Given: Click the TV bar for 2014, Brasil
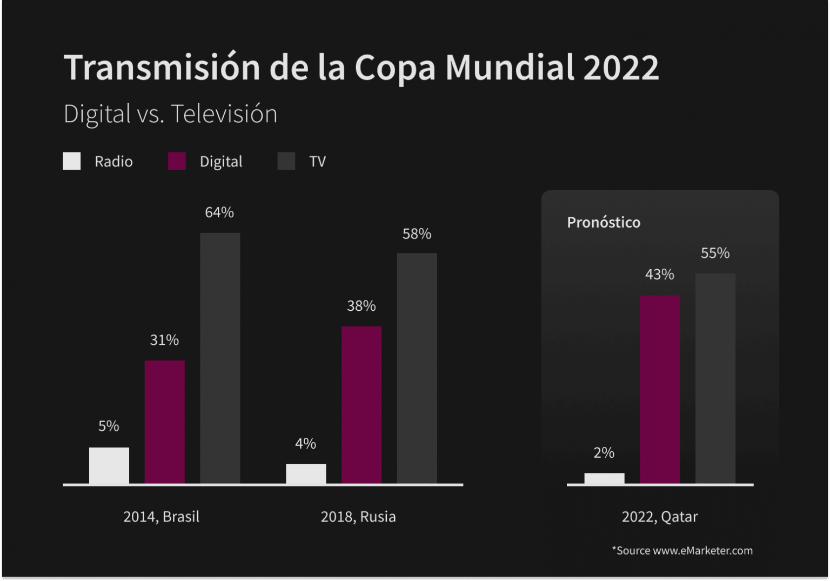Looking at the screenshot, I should coord(220,358).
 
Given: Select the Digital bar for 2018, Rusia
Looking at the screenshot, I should coord(362,405).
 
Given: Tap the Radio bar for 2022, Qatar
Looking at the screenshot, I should coord(604,478).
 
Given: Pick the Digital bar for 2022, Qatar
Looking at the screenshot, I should coord(660,389).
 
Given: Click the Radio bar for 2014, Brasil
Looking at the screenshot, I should coord(109,465).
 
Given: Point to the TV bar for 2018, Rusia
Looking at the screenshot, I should coord(417,368).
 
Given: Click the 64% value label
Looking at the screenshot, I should coord(219,212).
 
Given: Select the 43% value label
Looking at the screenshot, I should coord(659,275).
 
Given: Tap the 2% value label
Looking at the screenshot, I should coord(604,453).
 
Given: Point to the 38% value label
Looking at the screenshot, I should coord(361,306).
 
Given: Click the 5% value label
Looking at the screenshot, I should coord(109,426).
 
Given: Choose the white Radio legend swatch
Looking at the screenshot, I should coord(72,161).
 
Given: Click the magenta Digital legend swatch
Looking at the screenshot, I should coord(177,161).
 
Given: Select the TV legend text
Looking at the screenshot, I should coord(317,162).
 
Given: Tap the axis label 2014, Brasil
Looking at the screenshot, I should coord(161,517).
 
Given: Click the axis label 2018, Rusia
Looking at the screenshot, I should coord(358,517).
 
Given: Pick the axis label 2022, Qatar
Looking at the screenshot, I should coord(659,517).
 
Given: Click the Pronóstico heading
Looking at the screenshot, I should coord(604,222).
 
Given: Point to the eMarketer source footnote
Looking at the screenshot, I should coord(682,550).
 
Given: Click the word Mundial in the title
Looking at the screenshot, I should coord(509,68).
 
